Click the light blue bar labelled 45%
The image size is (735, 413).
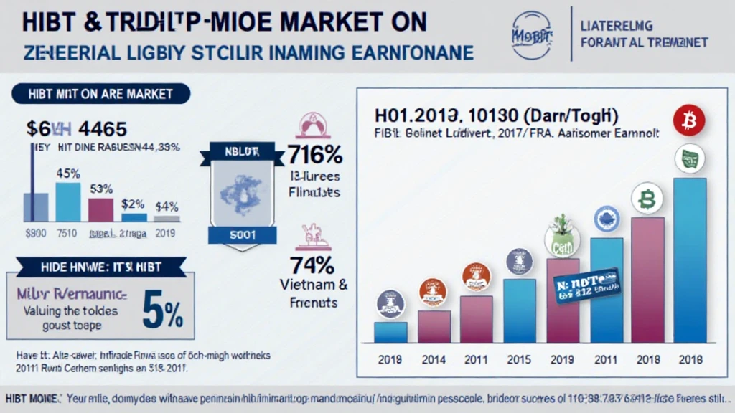[68, 201]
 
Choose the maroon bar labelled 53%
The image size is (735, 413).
[100, 209]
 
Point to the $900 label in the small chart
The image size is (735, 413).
[36, 233]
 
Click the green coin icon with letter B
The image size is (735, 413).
[646, 198]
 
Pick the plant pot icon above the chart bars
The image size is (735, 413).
[561, 234]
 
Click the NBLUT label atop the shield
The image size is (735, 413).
[241, 151]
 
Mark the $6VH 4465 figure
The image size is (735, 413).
[76, 129]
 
